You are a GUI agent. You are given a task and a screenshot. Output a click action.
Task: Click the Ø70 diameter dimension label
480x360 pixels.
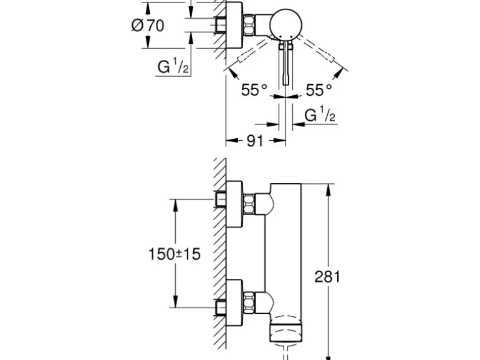pos(148,26)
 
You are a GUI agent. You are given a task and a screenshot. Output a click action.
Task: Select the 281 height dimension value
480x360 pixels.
pos(327,276)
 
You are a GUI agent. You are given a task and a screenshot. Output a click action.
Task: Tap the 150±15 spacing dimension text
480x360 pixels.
pos(175,254)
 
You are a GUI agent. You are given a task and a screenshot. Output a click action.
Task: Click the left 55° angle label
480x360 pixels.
pos(254,91)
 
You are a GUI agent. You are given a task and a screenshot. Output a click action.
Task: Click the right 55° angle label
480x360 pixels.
pos(319,91)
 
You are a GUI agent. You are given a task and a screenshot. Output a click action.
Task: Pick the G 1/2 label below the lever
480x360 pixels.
pos(320,116)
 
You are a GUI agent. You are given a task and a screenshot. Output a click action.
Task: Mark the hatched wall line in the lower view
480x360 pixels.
pos(219,249)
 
